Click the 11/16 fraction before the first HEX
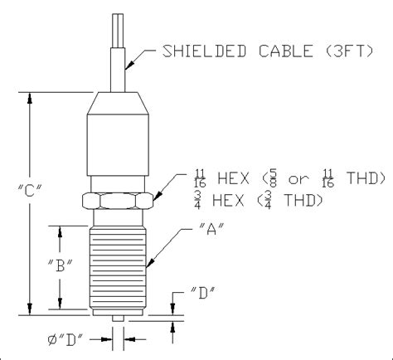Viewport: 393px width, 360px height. tap(199, 179)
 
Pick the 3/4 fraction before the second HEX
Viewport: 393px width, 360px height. tap(199, 199)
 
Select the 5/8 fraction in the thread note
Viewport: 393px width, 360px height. tap(272, 179)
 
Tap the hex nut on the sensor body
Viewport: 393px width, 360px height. tap(120, 200)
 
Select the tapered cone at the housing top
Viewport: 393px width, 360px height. tap(119, 102)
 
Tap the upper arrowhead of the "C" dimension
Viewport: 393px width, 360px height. tap(32, 96)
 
